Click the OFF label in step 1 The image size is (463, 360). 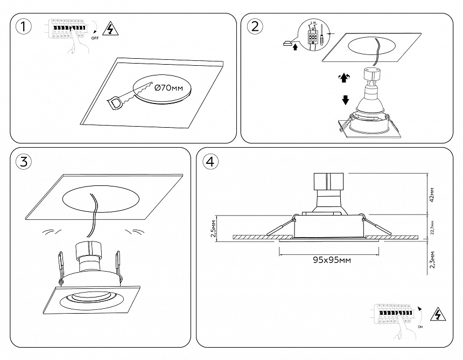tap(95, 39)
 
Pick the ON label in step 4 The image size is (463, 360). tap(420, 327)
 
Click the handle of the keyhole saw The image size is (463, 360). tap(115, 102)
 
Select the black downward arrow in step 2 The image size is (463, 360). tap(345, 100)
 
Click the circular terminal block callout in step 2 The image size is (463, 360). tap(313, 35)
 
